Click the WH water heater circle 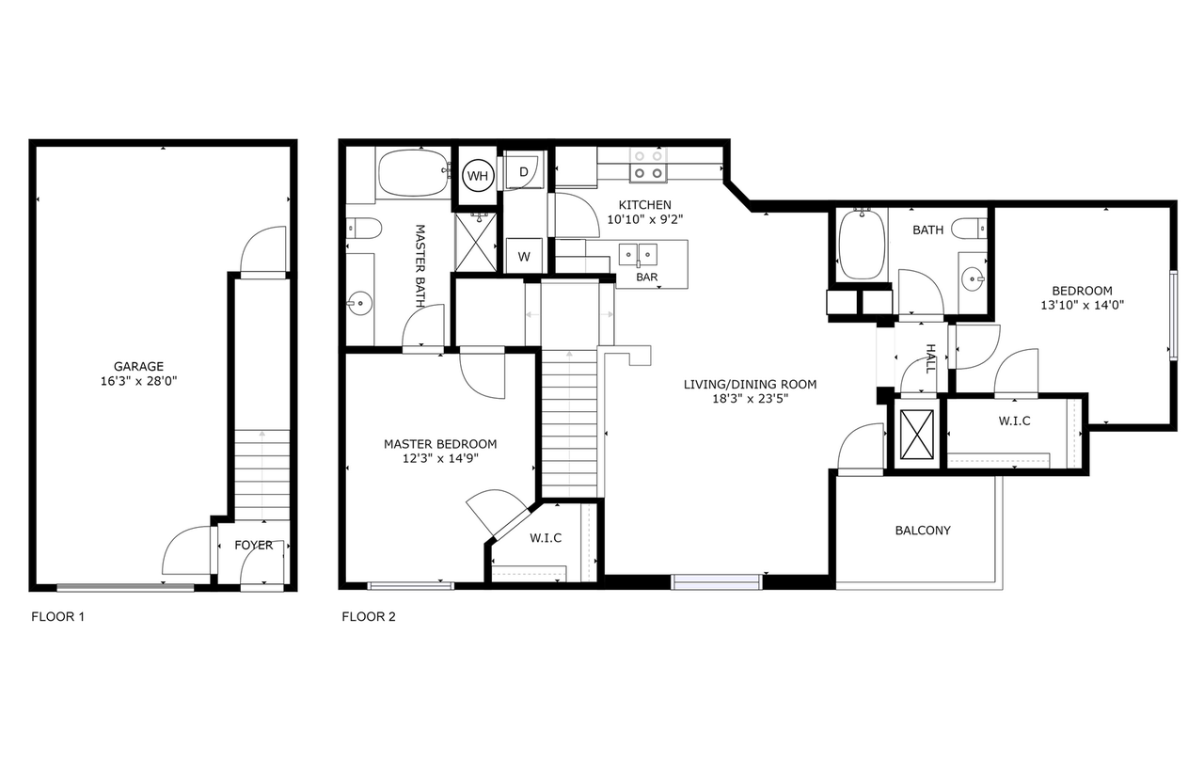tap(478, 176)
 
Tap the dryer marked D tap(523, 170)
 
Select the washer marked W tap(524, 256)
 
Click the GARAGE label tap(138, 367)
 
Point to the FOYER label tap(254, 546)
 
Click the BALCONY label tap(923, 531)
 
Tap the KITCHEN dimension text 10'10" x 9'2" tap(645, 219)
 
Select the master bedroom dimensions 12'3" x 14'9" tap(440, 458)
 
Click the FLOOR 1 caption tap(58, 616)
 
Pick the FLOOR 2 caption tap(369, 616)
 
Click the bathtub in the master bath tap(413, 173)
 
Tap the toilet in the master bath tap(364, 228)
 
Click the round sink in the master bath tap(359, 303)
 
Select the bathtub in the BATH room tap(863, 245)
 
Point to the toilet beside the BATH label tap(969, 229)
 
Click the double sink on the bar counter tap(638, 255)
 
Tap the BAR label tap(646, 277)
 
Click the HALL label tap(931, 358)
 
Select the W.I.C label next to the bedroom tap(1015, 421)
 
